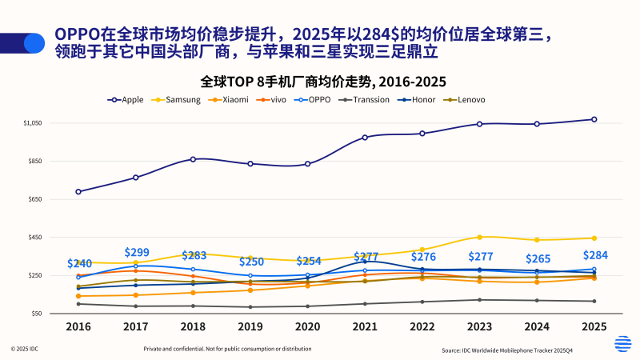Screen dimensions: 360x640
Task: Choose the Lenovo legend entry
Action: tap(465, 100)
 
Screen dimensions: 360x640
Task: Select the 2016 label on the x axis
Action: tap(78, 326)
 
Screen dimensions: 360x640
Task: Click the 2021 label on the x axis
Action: tap(365, 326)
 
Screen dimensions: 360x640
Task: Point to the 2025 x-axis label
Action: tap(594, 326)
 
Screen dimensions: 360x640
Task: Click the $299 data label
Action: tap(137, 252)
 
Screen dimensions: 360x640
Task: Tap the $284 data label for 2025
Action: tap(594, 256)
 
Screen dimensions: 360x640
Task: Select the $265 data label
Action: tap(537, 258)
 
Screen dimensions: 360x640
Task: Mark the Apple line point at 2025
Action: tap(594, 119)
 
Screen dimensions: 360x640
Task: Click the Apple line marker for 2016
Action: tap(78, 192)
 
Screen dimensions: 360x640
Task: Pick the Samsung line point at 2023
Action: tap(479, 237)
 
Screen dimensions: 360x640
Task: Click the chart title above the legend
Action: tap(318, 82)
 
